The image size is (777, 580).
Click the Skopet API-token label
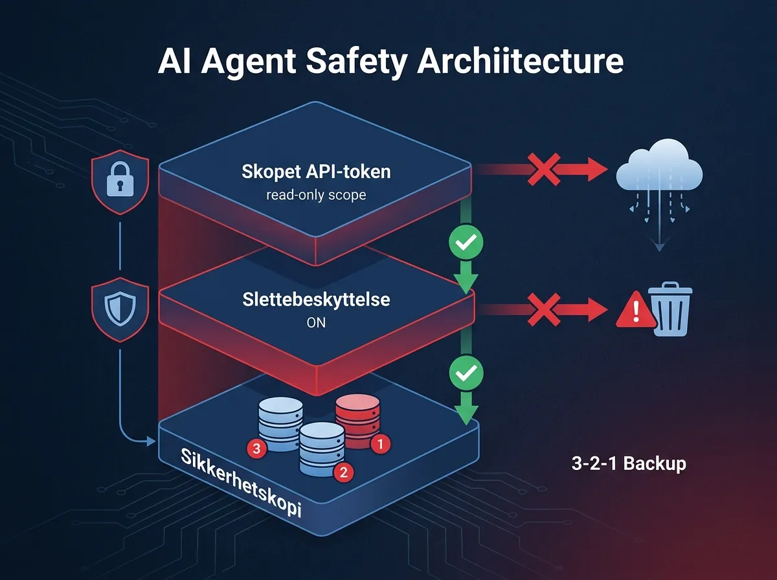316,173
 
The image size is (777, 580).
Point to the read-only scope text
316,194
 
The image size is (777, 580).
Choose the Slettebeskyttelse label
316,300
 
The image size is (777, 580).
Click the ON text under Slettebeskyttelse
316,322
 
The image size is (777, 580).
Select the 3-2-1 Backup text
629,463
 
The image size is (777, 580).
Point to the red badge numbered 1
380,443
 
